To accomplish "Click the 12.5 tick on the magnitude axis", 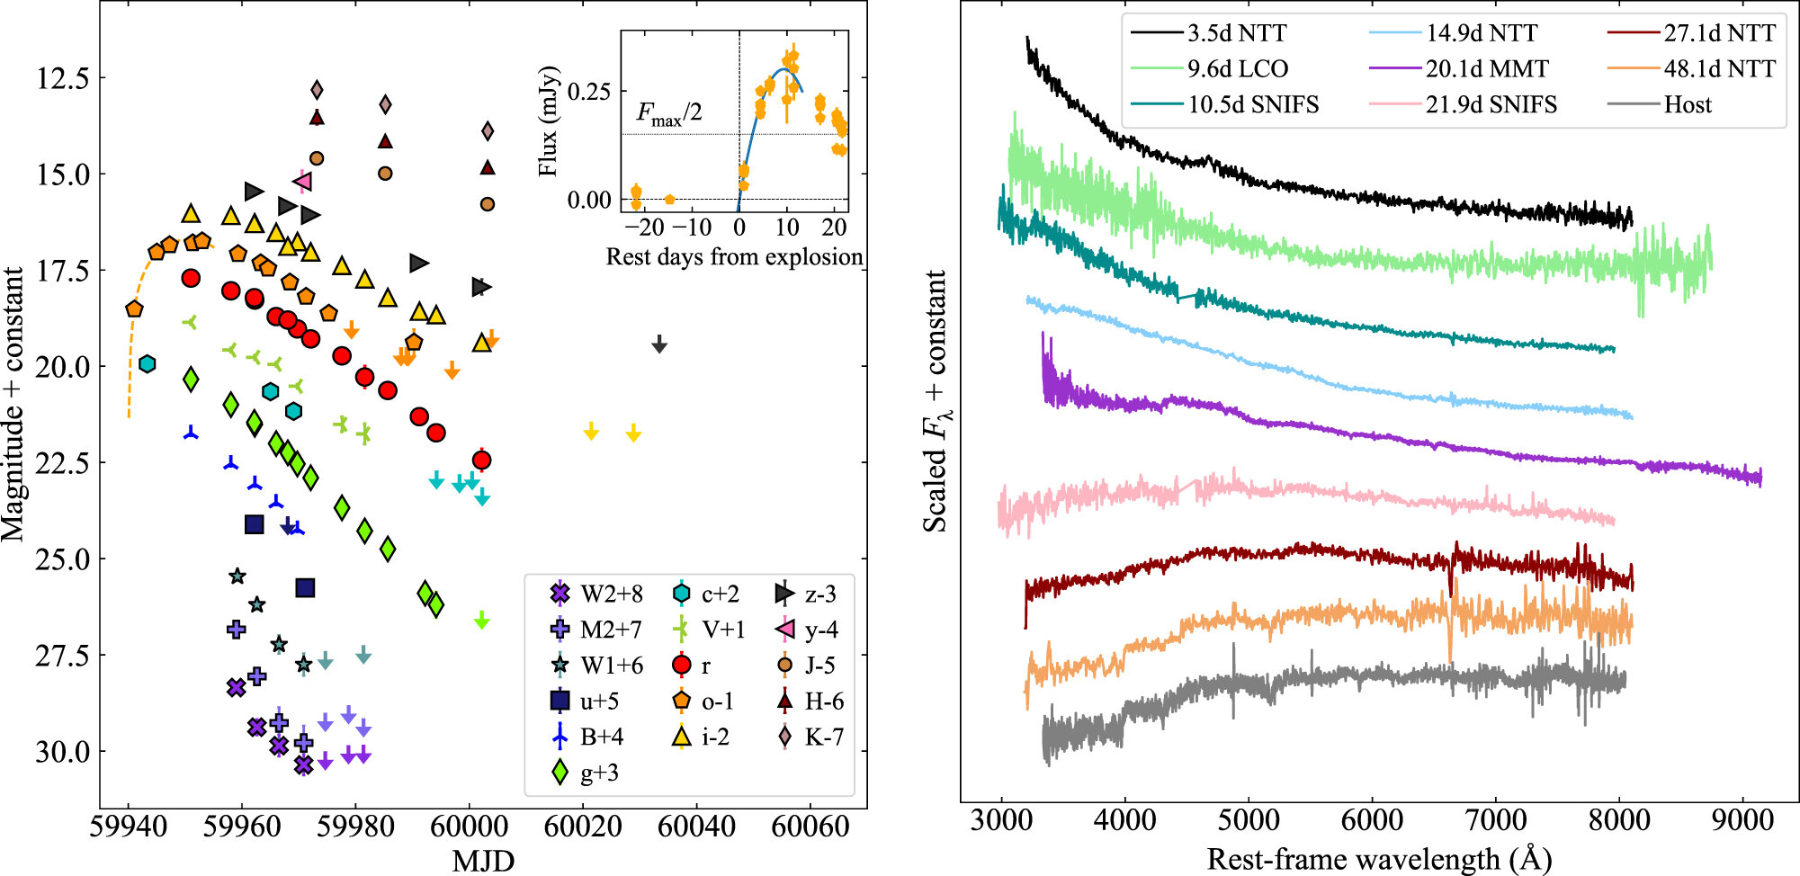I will coord(63,78).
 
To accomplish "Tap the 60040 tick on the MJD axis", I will coord(695,826).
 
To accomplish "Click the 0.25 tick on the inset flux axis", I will coord(589,92).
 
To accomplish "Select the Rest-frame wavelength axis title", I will coord(1378,859).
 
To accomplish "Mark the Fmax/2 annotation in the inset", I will coord(669,113).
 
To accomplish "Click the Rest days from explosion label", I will coord(734,257).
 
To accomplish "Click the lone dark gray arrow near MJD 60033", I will coord(659,344).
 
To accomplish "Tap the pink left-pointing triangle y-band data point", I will coord(303,182).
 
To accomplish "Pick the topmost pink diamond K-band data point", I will coord(317,90).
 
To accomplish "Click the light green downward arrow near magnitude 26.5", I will coord(481,620).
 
